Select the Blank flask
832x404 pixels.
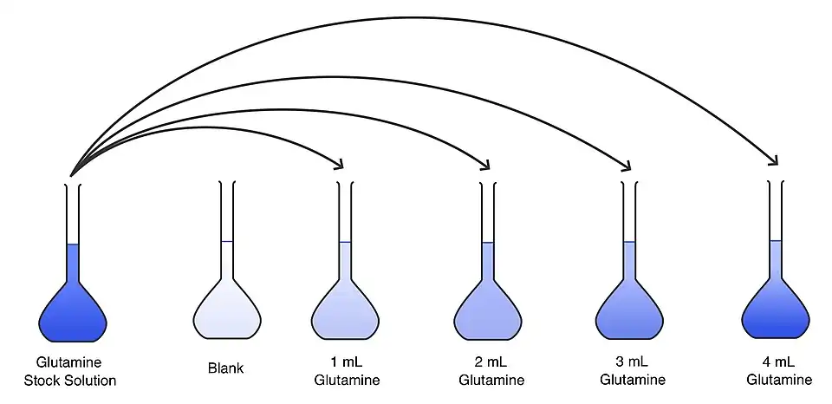[x=226, y=308]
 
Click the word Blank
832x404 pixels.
[x=226, y=368]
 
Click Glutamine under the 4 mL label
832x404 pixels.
[x=779, y=380]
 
